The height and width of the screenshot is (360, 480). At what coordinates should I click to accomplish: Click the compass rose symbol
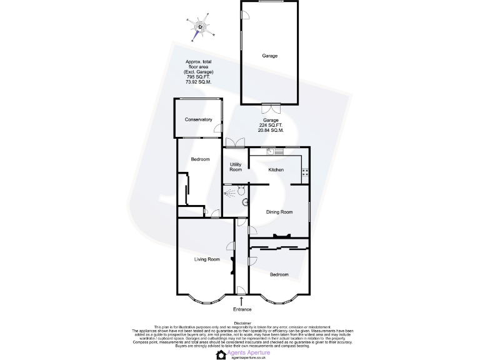click(200, 27)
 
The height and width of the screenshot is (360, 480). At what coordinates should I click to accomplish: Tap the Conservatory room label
click(198, 119)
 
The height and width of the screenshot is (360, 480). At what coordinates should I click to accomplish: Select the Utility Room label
click(236, 167)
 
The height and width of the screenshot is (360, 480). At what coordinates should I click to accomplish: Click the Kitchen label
click(276, 170)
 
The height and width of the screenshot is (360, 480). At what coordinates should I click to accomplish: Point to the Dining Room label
click(279, 212)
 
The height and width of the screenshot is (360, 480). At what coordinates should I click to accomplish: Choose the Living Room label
click(205, 259)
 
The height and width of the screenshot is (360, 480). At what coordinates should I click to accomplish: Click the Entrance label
click(242, 309)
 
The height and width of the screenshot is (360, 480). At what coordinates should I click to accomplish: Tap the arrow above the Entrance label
click(242, 301)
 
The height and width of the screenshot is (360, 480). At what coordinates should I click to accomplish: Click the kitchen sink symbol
click(275, 151)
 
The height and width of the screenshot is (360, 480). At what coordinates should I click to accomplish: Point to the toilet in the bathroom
click(245, 201)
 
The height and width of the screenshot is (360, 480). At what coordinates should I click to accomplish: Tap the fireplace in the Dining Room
click(280, 236)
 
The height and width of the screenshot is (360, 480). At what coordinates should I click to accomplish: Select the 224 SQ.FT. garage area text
click(271, 125)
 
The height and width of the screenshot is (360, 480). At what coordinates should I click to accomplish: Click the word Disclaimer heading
click(242, 323)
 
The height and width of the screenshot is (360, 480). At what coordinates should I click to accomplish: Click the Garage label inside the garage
click(269, 56)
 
